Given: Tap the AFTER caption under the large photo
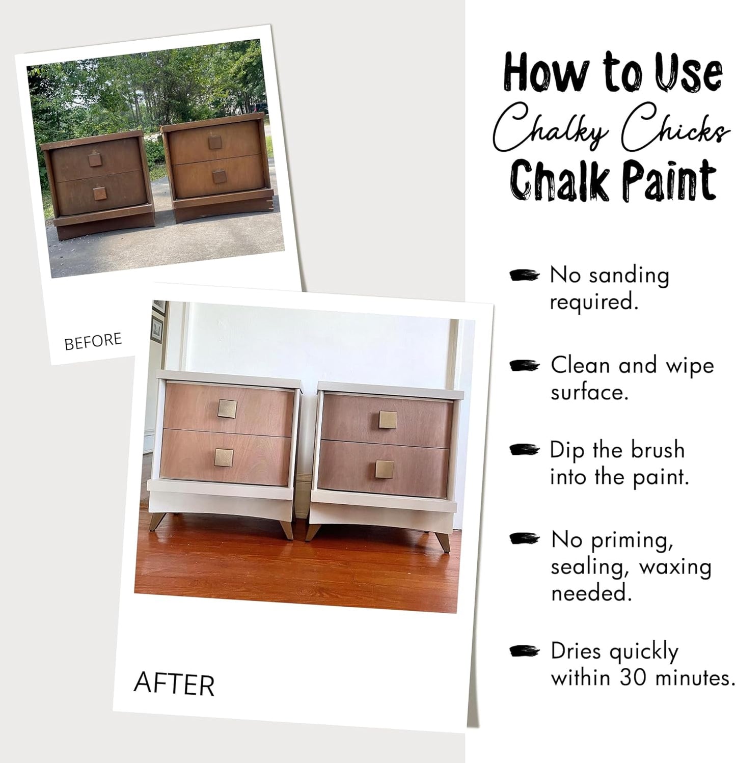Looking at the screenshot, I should coord(174,684).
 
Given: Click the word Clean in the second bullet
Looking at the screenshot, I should coord(580,365).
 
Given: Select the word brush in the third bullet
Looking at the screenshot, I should coord(657,450).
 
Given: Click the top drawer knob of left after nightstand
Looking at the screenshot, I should coord(227,409).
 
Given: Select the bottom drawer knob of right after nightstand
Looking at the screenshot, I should coord(385,469).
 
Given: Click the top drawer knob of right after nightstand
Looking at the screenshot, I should coord(388,420).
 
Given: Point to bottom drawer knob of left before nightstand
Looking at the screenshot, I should coord(100,194).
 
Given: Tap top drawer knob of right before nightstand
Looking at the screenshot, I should coord(214,142).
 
